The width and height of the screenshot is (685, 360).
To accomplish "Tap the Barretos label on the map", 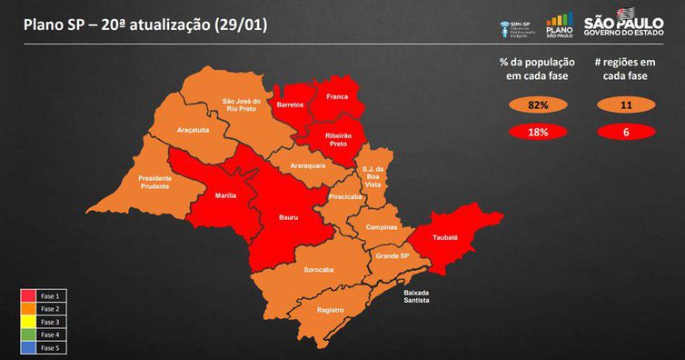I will click(x=290, y=105).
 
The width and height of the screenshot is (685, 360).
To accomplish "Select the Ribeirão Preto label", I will click(x=332, y=139).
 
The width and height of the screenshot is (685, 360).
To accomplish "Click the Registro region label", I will click(x=331, y=310).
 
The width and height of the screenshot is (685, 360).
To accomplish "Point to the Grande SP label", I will click(x=393, y=258).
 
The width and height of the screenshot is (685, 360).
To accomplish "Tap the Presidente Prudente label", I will click(x=155, y=183).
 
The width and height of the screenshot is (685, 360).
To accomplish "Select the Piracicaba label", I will click(x=347, y=195).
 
